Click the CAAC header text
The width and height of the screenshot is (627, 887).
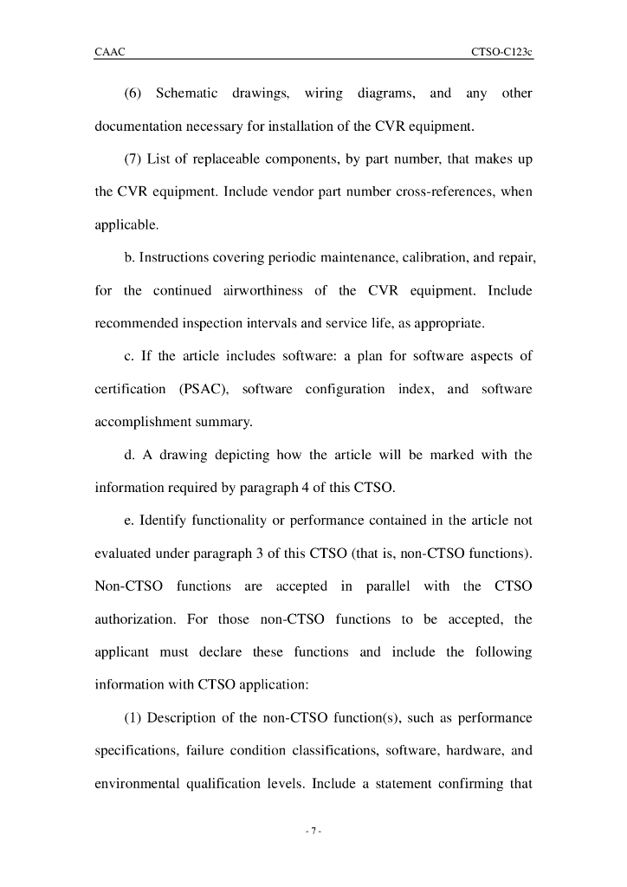(x=109, y=52)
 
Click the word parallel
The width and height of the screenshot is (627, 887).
(x=388, y=586)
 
